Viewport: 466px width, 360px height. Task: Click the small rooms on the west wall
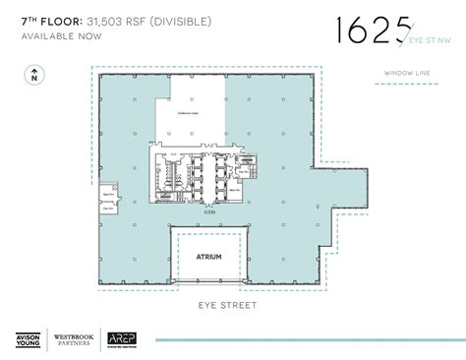(110, 197)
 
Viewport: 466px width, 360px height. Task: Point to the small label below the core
(208, 211)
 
